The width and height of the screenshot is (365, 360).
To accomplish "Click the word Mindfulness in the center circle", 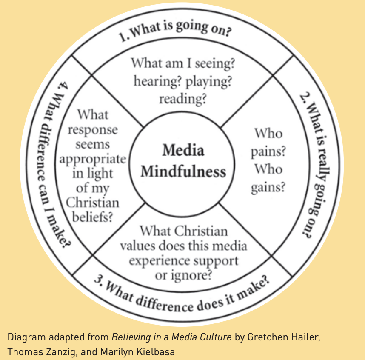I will coord(183,171).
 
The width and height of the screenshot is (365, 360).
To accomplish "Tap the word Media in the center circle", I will coord(183,150).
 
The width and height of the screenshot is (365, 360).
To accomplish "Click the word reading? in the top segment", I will coord(183,99).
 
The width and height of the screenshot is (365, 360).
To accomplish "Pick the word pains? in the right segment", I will coord(268,151).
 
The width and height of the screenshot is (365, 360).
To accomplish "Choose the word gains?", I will coord(268,187).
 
